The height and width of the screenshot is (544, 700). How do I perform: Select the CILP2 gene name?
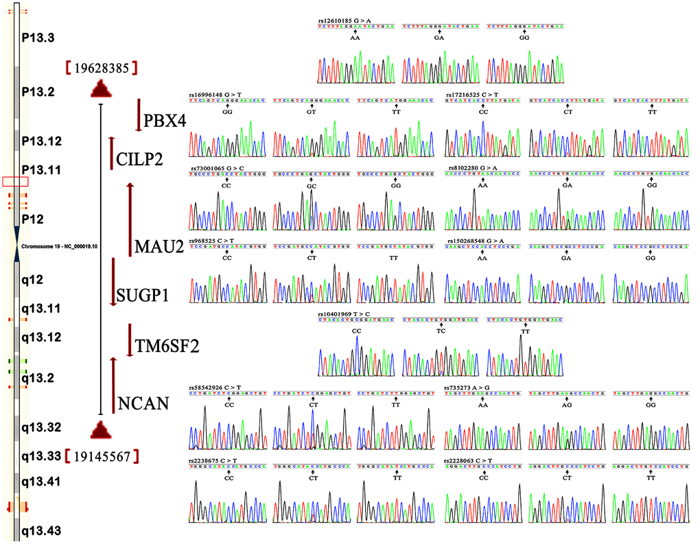pos(139,160)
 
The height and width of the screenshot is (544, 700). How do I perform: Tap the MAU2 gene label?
pos(159,246)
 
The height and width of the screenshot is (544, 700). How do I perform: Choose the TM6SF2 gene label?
pos(167,347)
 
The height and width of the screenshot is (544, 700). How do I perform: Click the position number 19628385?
pos(102,68)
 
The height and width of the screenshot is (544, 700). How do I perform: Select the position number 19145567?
pos(102,456)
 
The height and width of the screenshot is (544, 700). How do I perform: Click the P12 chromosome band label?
pos(32,219)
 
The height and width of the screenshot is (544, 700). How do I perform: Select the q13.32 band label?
pos(41,428)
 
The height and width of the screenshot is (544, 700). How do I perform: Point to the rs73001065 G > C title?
pos(216,168)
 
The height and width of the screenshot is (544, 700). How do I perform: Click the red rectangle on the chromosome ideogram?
pos(15,181)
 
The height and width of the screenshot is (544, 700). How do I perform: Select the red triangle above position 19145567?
pos(101,430)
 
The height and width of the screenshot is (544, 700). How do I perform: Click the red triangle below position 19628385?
pos(101,88)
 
